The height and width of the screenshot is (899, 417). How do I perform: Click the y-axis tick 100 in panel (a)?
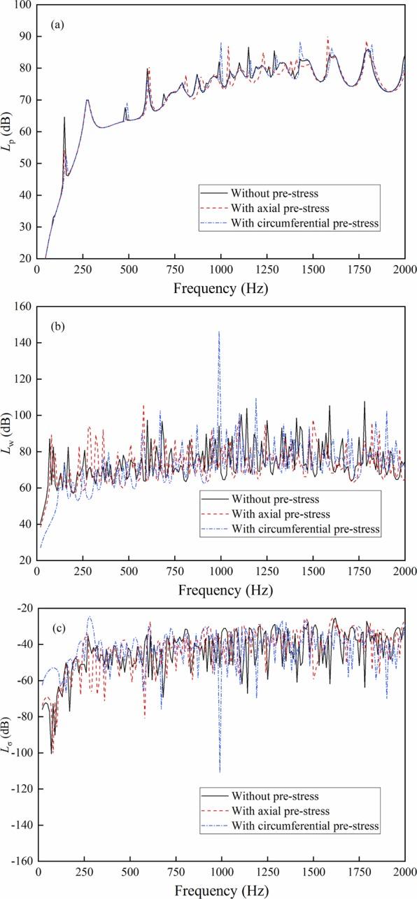pyautogui.click(x=24, y=5)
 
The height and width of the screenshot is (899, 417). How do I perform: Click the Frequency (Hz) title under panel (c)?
pyautogui.click(x=221, y=890)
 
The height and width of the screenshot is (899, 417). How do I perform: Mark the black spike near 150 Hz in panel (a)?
pyautogui.click(x=64, y=118)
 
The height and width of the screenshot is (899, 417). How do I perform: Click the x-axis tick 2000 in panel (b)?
pyautogui.click(x=404, y=572)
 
